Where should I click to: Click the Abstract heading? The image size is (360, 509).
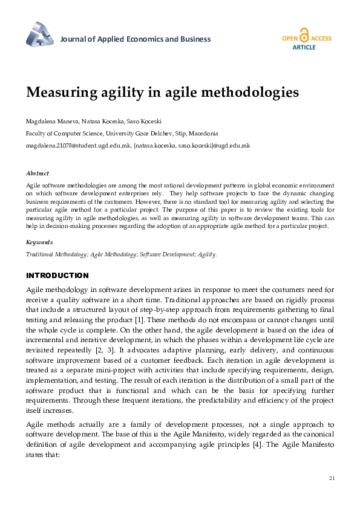click(38, 173)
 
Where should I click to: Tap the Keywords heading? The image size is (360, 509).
click(39, 242)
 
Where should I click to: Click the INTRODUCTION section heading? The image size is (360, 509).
click(57, 275)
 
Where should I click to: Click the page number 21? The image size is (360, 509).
click(331, 478)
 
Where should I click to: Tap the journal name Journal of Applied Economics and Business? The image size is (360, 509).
click(136, 39)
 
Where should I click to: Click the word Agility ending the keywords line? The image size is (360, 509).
click(206, 254)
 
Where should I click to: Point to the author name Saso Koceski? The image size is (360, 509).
click(144, 121)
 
